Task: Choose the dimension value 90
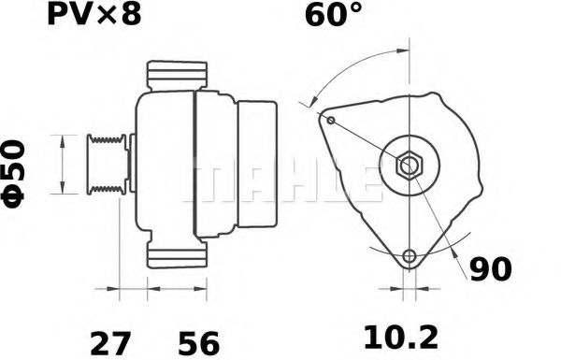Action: click(490, 271)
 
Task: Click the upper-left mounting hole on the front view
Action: click(329, 119)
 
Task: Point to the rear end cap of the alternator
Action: click(257, 165)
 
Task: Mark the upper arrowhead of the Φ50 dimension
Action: click(62, 138)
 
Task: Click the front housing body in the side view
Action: click(164, 165)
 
